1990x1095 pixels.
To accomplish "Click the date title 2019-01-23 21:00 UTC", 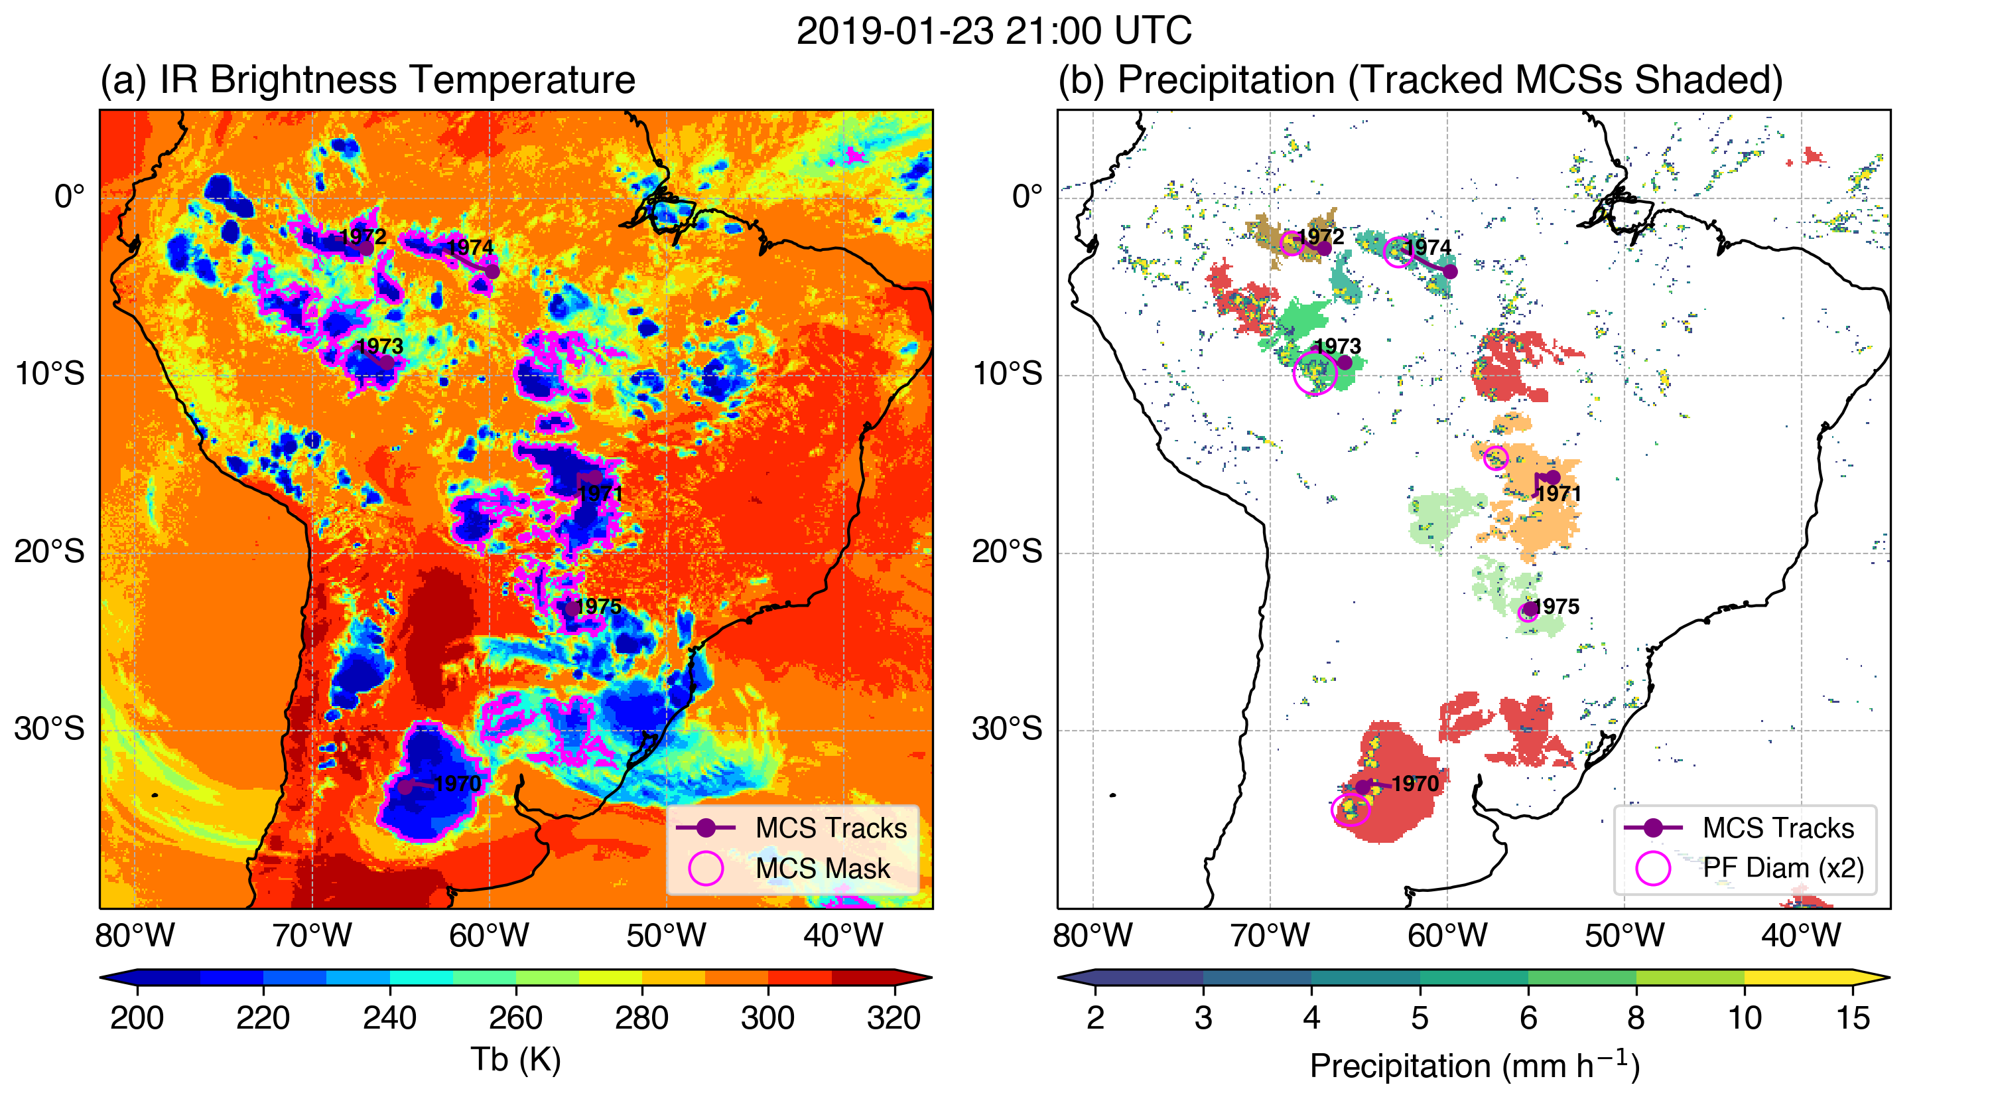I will pos(994,32).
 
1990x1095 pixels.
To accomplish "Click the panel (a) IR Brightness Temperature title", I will pos(367,80).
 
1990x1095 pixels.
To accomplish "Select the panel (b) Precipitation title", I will pos(1420,80).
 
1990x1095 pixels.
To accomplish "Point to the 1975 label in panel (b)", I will pos(1556,607).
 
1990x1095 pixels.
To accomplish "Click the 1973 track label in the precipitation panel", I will pos(1337,346).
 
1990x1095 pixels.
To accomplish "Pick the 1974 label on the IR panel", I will pos(470,248).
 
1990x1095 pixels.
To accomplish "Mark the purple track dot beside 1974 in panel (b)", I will pos(1450,271).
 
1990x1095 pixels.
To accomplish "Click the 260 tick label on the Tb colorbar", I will pos(515,1019).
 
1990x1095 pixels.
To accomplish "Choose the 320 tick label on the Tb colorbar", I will pos(894,1019).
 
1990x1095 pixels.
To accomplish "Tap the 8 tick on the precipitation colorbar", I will pos(1636,1019).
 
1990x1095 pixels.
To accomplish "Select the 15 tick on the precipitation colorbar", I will pos(1853,1019).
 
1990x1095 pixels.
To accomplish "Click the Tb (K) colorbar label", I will pos(515,1059).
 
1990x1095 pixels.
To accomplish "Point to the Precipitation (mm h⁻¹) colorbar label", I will pos(1474,1066).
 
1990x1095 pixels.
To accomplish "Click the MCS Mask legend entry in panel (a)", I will pos(822,869).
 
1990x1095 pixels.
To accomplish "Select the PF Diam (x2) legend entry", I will pos(1783,869).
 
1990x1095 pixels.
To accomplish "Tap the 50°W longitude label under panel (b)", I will pos(1624,936).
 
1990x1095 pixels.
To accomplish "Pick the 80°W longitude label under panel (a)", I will pos(135,936).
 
